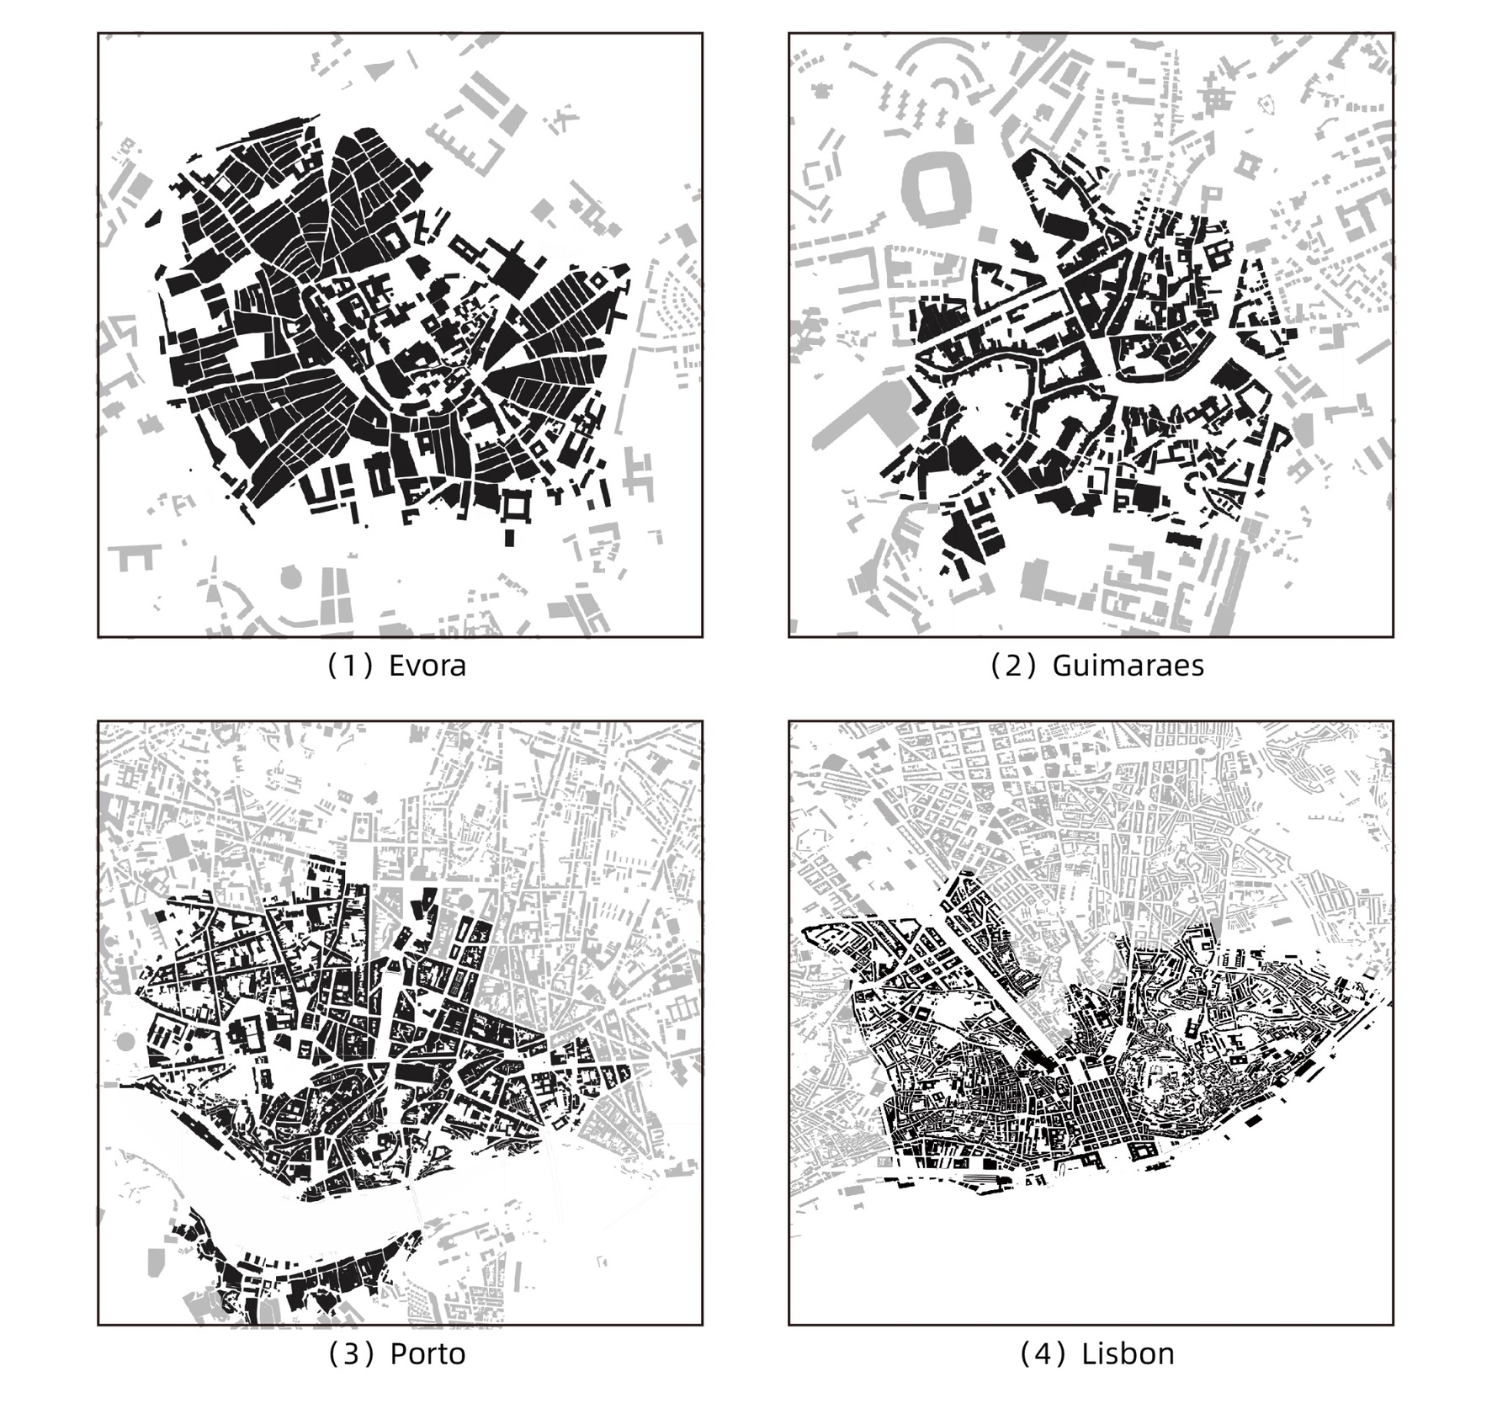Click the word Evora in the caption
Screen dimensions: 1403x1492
427,666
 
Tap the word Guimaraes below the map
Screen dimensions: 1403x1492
1128,666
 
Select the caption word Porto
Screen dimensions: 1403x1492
427,1353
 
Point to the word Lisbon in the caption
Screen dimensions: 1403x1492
1128,1353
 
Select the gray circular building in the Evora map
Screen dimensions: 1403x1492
290,577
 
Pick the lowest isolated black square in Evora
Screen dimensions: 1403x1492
510,537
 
